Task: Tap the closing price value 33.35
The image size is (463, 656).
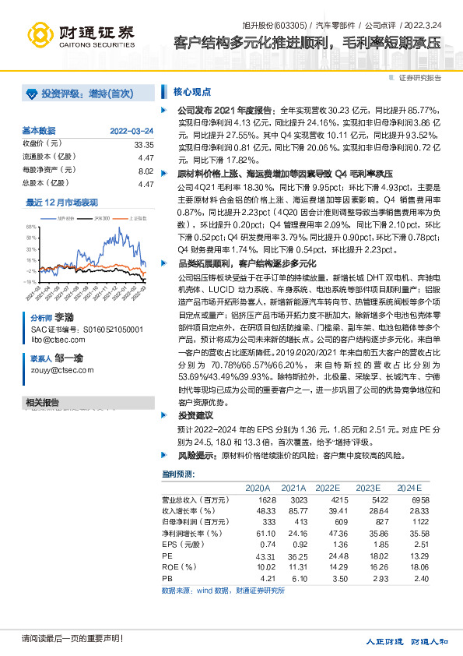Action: (x=143, y=144)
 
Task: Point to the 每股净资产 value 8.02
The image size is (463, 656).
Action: (x=146, y=170)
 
